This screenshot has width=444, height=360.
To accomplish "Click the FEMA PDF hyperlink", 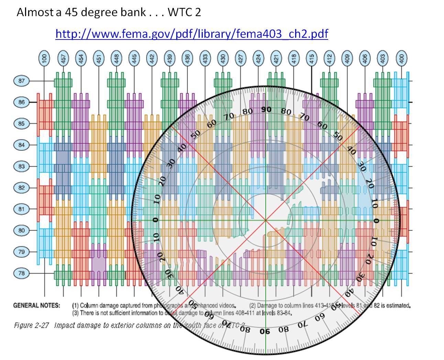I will [x=191, y=34].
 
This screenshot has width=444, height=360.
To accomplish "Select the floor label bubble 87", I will [x=22, y=81].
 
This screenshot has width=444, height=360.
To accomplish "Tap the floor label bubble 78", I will [x=22, y=273].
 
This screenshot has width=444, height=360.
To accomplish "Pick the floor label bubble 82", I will [x=22, y=188].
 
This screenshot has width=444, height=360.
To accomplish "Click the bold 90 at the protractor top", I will [x=266, y=110].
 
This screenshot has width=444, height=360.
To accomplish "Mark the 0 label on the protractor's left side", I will [x=156, y=220].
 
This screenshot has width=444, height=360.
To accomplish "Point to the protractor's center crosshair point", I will [x=266, y=220].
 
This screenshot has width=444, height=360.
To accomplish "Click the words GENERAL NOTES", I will [x=36, y=305].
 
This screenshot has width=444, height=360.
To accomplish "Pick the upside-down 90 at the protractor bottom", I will [x=265, y=331].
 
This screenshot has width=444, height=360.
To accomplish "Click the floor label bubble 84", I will [x=22, y=145].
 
